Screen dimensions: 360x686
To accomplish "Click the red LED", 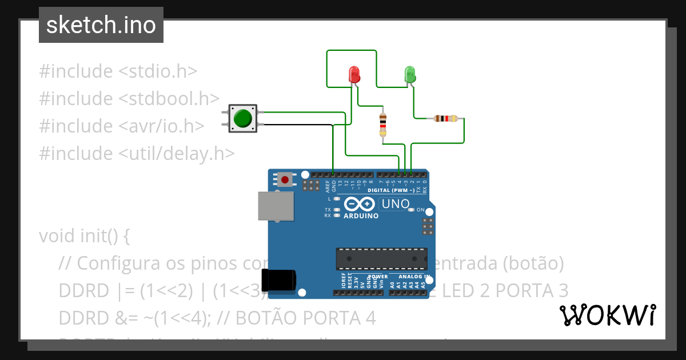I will pyautogui.click(x=354, y=74).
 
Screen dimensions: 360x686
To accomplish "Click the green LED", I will pyautogui.click(x=410, y=74).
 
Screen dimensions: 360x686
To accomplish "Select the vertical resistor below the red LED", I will pyautogui.click(x=383, y=125).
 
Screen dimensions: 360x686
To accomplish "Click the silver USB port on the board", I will pyautogui.click(x=276, y=206).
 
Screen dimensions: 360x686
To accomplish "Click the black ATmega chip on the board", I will pyautogui.click(x=381, y=259).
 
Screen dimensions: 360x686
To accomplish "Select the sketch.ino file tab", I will pyautogui.click(x=101, y=25).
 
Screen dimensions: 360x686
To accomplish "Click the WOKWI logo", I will pyautogui.click(x=607, y=315).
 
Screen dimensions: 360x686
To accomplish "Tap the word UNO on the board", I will pyautogui.click(x=396, y=204).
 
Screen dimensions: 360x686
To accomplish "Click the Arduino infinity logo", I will pyautogui.click(x=359, y=204).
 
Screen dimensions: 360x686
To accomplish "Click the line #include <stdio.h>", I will pyautogui.click(x=118, y=71).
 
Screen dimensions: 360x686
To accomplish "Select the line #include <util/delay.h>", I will pyautogui.click(x=137, y=153).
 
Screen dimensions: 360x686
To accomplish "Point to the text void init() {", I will pyautogui.click(x=85, y=235).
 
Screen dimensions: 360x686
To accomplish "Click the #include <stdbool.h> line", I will pyautogui.click(x=129, y=98).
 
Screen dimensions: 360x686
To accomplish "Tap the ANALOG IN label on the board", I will pyautogui.click(x=414, y=277).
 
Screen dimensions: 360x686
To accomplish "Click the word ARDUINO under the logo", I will pyautogui.click(x=361, y=216).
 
